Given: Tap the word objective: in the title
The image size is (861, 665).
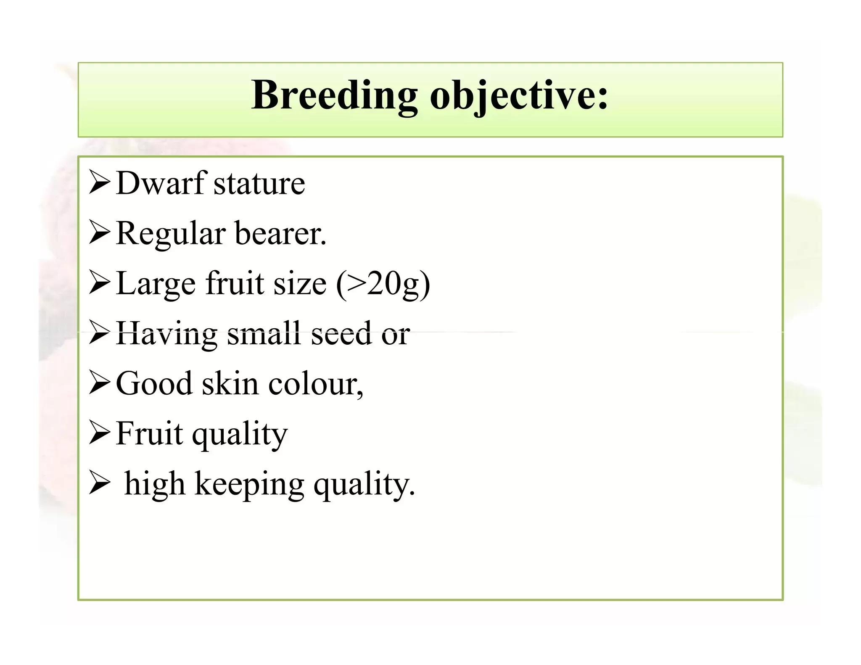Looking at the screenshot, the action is tap(519, 97).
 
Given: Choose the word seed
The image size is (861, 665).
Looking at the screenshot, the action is tap(341, 333).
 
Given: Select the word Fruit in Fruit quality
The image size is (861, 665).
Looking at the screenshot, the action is tap(150, 433).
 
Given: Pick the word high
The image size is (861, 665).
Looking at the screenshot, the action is tap(155, 484).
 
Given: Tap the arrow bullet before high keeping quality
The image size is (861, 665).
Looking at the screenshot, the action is tap(100, 483).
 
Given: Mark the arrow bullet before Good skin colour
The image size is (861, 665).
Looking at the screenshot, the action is tap(100, 383).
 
